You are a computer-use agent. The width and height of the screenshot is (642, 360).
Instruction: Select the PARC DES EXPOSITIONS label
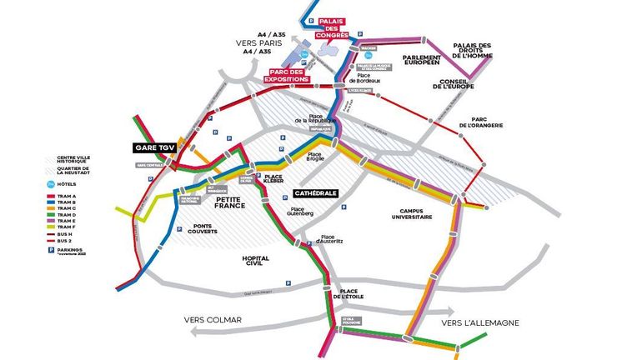click(x=288, y=74)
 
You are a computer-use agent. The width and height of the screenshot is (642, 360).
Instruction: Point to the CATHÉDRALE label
click(x=315, y=193)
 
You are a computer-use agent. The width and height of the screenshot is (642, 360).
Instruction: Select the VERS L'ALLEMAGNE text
click(x=479, y=322)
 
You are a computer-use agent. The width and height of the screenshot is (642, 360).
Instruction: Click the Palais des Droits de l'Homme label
click(x=473, y=50)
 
